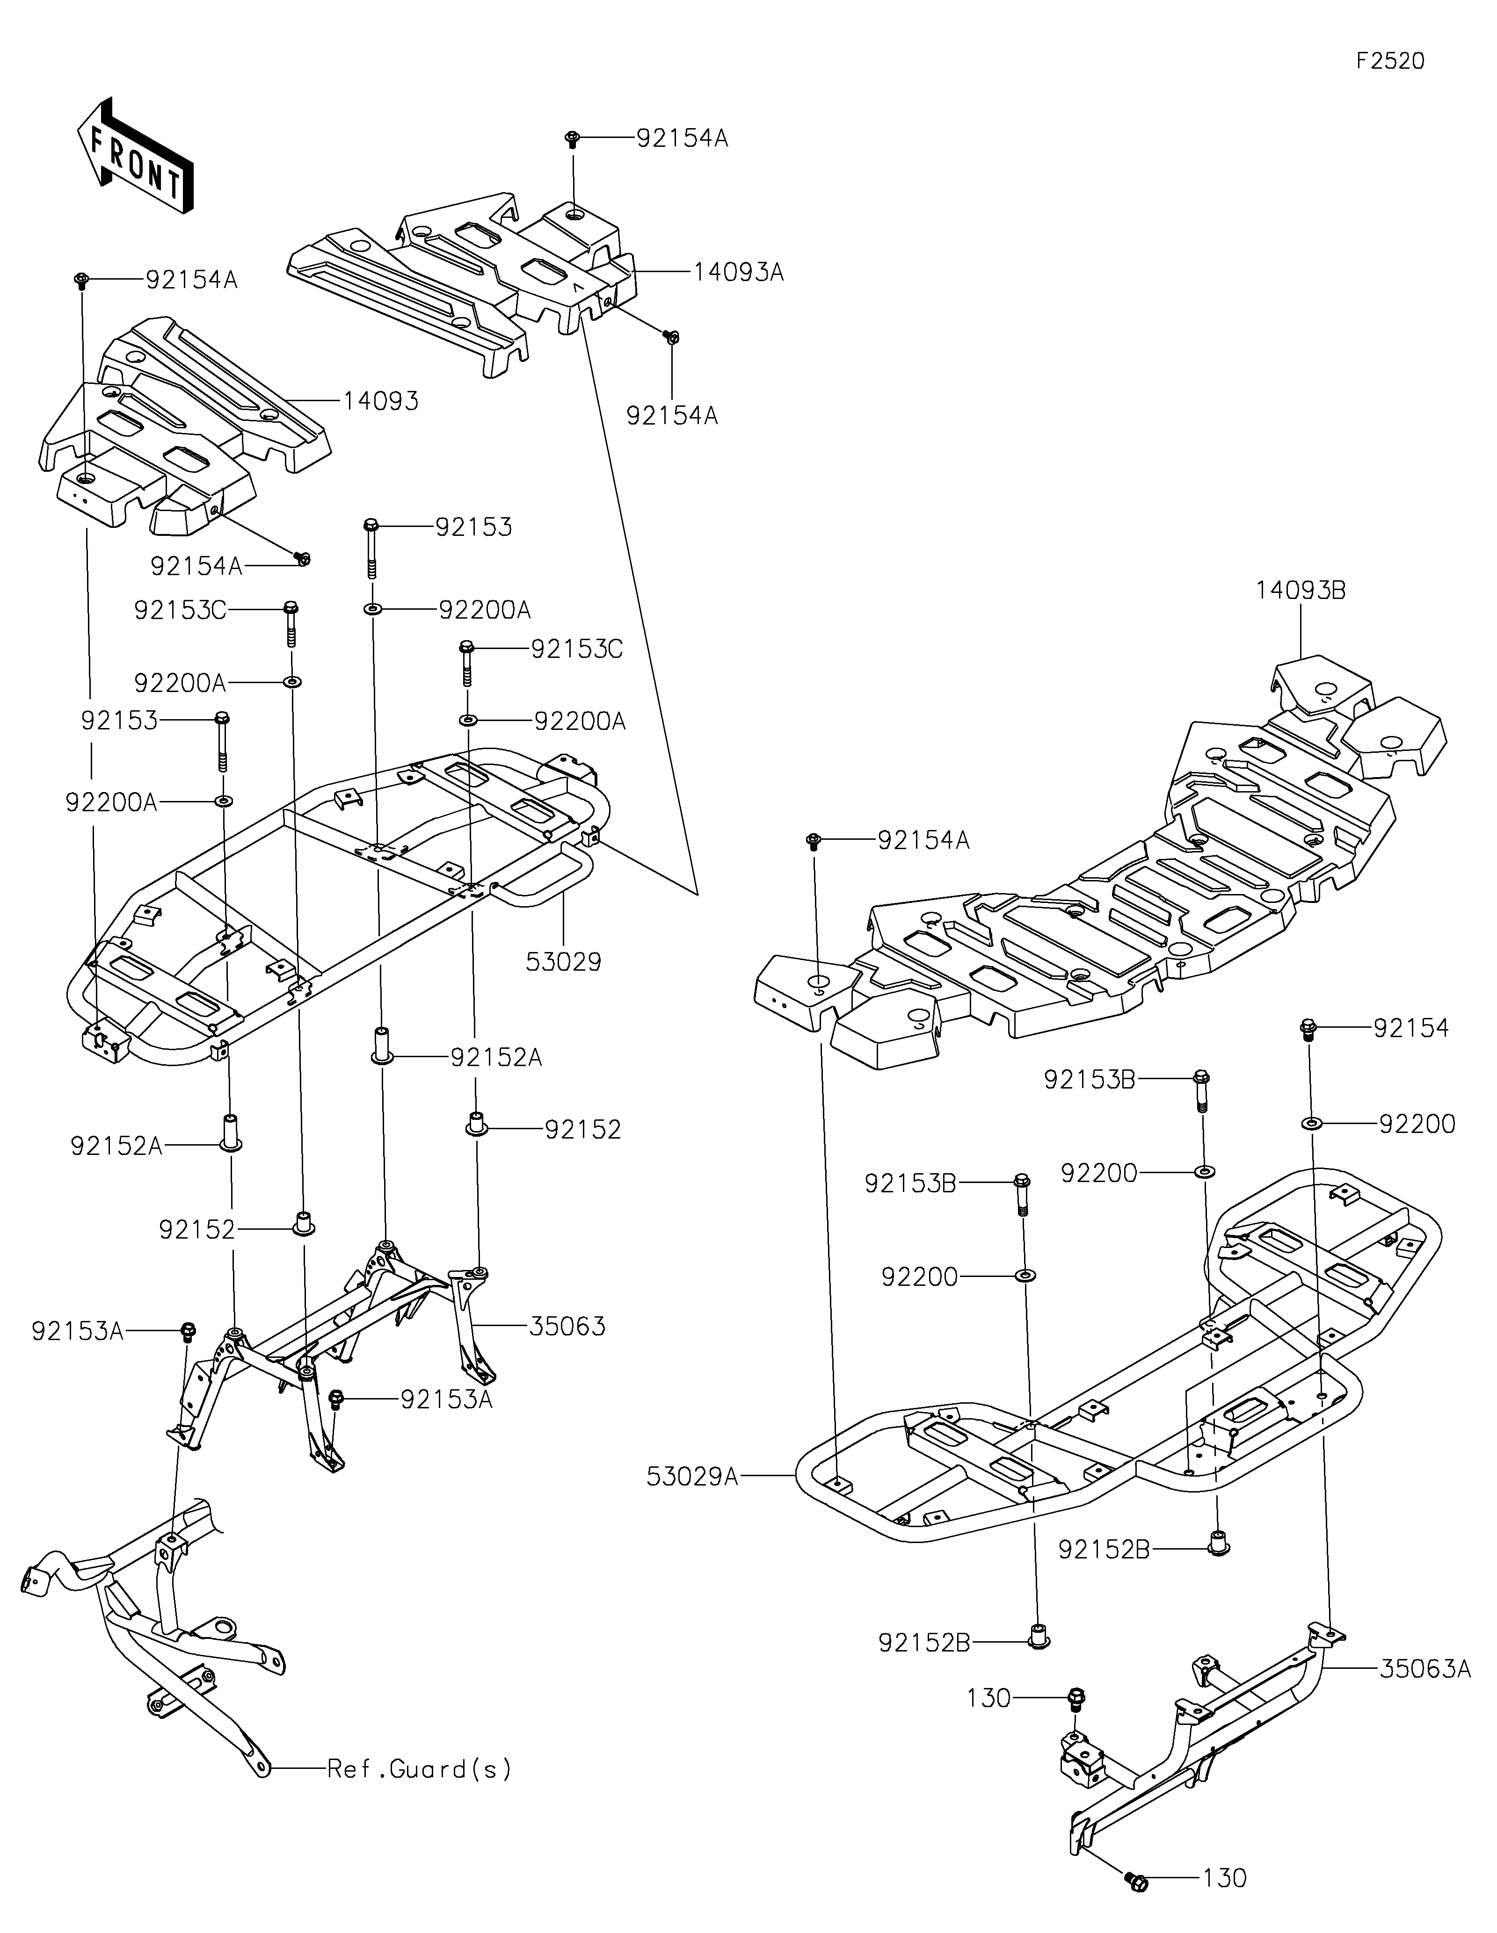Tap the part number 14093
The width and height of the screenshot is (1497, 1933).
[x=381, y=401]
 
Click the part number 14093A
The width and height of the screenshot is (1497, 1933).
[x=738, y=272]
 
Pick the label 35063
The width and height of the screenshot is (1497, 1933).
[x=567, y=1350]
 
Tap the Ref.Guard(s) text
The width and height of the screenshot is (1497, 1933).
[x=419, y=1769]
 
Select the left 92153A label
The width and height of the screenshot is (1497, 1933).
[x=77, y=1356]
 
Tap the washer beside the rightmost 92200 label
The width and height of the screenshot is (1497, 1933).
[x=1310, y=1123]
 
